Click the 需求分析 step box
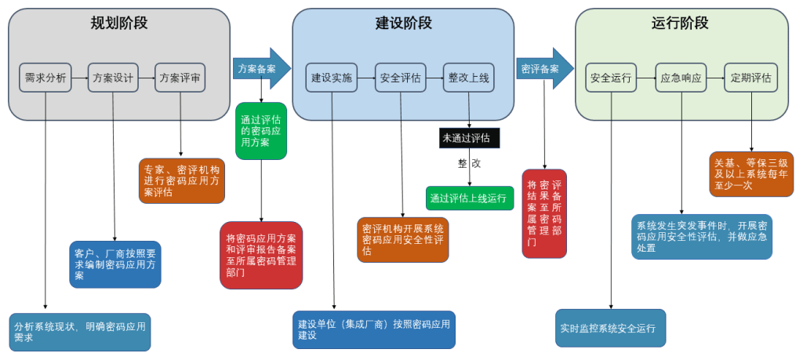(x=45, y=78)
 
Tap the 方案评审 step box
(x=180, y=78)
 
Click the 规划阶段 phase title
(x=118, y=23)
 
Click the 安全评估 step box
(x=400, y=78)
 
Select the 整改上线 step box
(x=469, y=78)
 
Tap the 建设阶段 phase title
(x=403, y=23)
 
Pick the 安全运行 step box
(x=611, y=78)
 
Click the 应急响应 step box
(x=681, y=78)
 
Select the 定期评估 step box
(x=750, y=78)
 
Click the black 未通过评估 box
(x=469, y=138)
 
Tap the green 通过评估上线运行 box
(x=470, y=198)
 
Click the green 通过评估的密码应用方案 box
(x=261, y=131)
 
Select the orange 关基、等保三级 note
(x=751, y=173)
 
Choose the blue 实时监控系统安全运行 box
(x=611, y=328)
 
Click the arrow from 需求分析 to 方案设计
(x=78, y=78)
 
